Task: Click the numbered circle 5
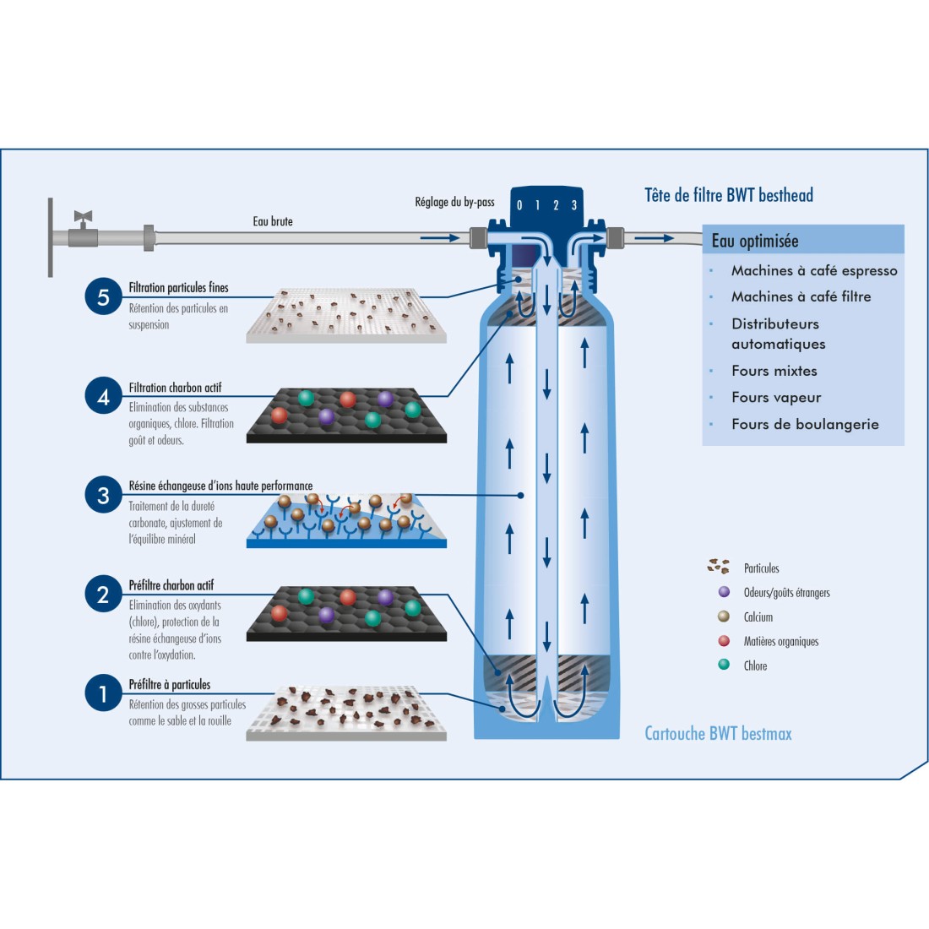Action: (x=103, y=297)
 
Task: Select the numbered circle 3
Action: (x=103, y=496)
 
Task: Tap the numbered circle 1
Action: (x=103, y=694)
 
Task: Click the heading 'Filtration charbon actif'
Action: (x=175, y=388)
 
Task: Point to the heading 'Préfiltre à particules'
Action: (x=170, y=685)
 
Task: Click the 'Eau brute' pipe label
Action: (x=273, y=221)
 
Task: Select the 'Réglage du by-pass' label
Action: (x=454, y=202)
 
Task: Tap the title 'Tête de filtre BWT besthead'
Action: (x=729, y=195)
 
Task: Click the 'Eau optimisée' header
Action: (x=755, y=241)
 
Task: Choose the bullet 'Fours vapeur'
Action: (x=776, y=397)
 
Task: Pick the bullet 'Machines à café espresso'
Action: (x=814, y=270)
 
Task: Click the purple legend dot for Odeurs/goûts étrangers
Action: (x=724, y=592)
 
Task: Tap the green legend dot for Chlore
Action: (x=724, y=665)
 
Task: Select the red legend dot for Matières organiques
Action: (x=724, y=641)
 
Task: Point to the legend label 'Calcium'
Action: (x=758, y=617)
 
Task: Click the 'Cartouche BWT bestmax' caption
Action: (x=718, y=733)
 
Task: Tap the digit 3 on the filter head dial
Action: (x=574, y=205)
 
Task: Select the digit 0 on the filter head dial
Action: (x=519, y=205)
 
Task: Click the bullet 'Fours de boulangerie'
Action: (x=805, y=424)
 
